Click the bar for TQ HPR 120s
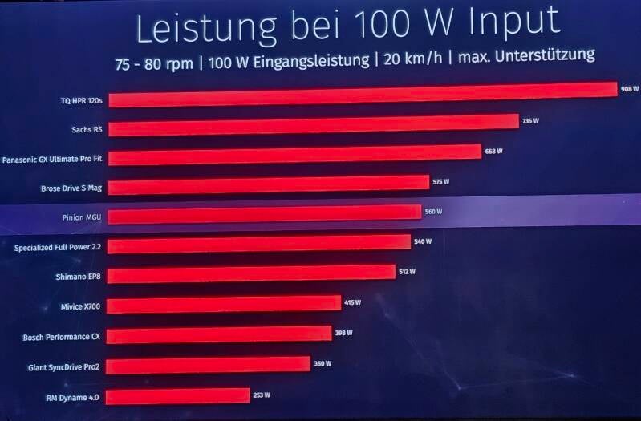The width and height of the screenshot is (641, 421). [363, 95]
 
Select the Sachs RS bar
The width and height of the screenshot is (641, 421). [314, 125]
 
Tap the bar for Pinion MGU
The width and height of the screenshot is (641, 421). [265, 215]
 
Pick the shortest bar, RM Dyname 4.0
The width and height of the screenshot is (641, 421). [178, 396]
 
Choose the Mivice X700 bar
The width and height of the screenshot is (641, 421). [224, 305]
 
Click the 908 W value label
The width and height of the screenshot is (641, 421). [630, 89]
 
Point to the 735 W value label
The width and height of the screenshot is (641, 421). [530, 121]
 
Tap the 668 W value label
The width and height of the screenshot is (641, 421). [494, 152]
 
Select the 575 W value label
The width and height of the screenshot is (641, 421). [441, 181]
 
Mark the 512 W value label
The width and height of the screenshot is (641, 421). [408, 271]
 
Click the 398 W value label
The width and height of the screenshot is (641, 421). [344, 333]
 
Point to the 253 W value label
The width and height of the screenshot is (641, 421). [262, 395]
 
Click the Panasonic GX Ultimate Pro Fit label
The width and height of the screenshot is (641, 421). [52, 159]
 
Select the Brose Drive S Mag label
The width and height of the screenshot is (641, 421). [71, 188]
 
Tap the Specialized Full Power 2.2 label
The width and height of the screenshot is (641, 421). [58, 248]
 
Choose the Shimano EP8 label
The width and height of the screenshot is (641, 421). [78, 277]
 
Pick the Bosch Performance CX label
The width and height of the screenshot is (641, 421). [61, 338]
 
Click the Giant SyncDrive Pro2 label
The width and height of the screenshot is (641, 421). [63, 367]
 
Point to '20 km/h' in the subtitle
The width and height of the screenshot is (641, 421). [413, 59]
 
